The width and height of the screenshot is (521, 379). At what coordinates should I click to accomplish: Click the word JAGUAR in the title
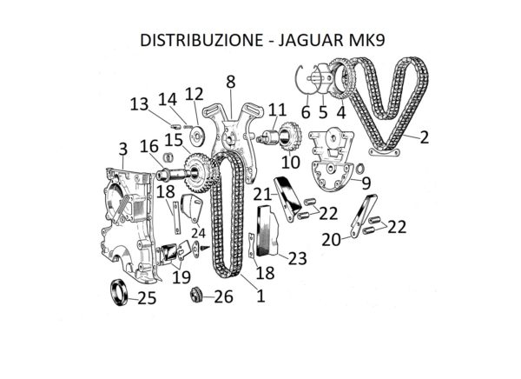309,40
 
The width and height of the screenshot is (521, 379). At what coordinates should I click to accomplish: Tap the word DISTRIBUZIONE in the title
201,40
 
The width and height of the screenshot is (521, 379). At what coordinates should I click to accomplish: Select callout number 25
147,298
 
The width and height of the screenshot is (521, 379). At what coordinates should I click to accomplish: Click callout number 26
224,296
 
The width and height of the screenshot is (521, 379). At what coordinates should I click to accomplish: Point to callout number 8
231,82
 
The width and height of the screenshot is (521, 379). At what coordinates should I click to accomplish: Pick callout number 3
123,149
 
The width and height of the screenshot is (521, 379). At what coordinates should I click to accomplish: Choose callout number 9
366,183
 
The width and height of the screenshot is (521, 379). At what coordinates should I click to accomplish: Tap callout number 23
297,258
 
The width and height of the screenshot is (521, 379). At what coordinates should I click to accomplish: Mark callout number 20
332,240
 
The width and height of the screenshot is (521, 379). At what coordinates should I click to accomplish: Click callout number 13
139,104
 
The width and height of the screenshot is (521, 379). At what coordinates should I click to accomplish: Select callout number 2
425,137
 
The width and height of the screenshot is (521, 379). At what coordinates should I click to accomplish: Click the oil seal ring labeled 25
119,293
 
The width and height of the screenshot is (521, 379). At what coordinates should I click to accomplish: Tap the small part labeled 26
196,296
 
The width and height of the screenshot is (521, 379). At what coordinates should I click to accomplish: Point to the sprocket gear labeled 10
292,136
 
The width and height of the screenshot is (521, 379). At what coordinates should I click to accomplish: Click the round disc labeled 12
196,135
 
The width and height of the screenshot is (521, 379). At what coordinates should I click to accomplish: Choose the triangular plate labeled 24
192,208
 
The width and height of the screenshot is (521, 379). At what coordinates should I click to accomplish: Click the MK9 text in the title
366,40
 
